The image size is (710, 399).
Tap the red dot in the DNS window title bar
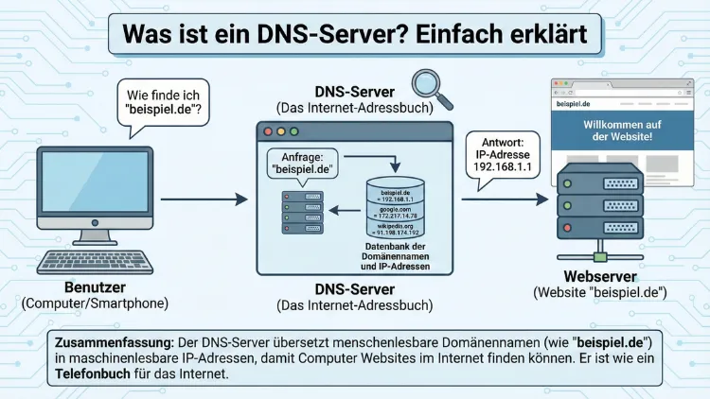[x=268, y=132]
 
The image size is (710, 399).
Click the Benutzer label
[x=94, y=287]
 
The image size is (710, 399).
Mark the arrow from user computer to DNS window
[x=203, y=199]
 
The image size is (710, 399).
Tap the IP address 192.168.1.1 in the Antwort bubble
[x=503, y=167]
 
